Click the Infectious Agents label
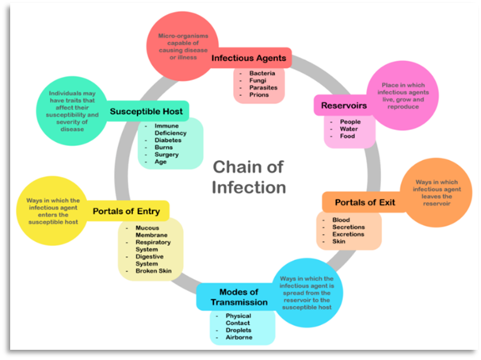pos(249,58)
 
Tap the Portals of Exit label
pos(364,201)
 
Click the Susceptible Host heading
pos(147,111)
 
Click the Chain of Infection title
pos(248,177)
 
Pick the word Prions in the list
pos(260,94)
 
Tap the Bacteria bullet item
pos(262,73)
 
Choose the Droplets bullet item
pos(240,329)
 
